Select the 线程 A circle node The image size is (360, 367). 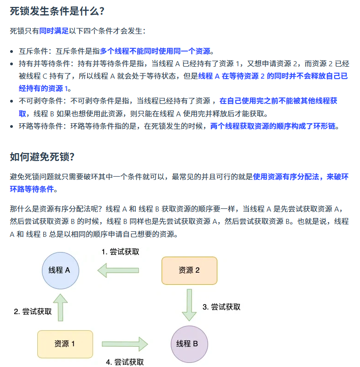61,270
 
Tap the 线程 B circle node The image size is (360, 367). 189,344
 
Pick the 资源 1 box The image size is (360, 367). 65,344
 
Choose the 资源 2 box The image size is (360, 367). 189,270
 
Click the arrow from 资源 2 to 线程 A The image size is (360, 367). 118,270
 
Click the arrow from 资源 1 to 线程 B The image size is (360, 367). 124,344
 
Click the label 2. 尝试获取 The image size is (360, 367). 33,311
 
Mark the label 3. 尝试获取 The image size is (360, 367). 221,307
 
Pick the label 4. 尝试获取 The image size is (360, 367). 125,362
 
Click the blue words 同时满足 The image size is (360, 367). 54,31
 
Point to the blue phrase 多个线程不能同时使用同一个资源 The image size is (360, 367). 155,51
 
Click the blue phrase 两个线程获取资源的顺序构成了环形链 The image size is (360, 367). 274,126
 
